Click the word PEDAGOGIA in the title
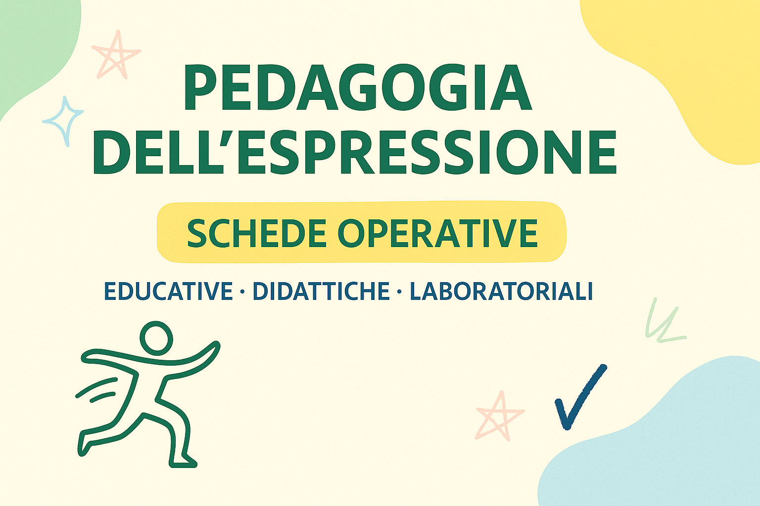point(357,89)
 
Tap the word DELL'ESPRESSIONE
point(355,152)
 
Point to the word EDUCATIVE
point(168,291)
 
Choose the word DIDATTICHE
point(321,291)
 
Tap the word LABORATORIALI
point(501,291)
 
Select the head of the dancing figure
point(156,337)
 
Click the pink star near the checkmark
point(499,416)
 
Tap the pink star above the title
point(117,54)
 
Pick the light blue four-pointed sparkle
point(63,121)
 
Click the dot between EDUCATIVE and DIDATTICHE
point(242,292)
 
